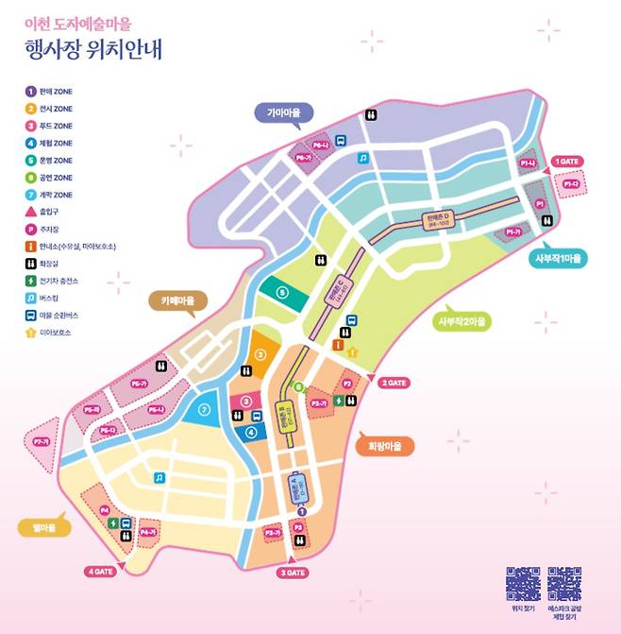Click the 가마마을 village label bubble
(x=283, y=112)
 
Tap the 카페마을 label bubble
(x=177, y=301)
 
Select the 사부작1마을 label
(x=560, y=258)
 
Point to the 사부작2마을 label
(x=463, y=321)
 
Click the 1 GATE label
(x=565, y=162)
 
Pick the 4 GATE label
(x=100, y=571)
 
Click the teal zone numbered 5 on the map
(x=281, y=293)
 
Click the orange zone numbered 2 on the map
(x=260, y=355)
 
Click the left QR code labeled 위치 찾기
(x=522, y=583)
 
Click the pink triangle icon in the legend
(x=31, y=212)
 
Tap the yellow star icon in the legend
(x=31, y=333)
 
